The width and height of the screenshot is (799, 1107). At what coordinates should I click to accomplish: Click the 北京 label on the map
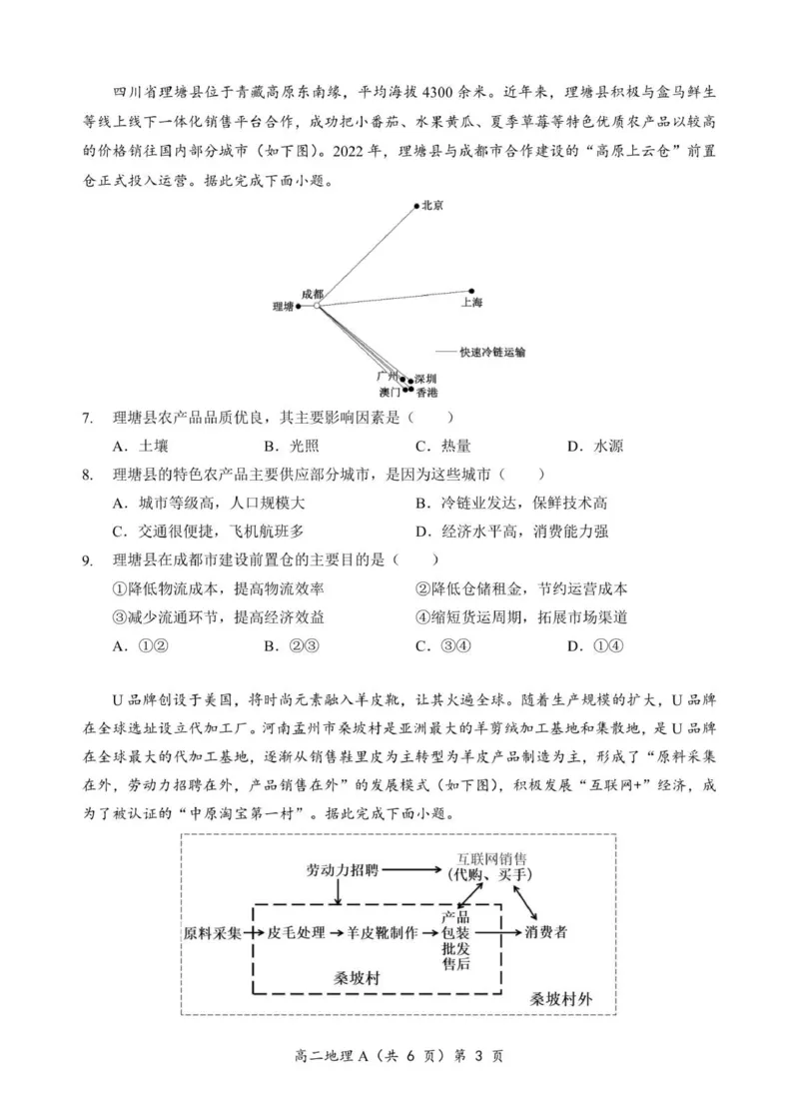click(x=432, y=205)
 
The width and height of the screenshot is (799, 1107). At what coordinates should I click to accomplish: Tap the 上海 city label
click(x=471, y=302)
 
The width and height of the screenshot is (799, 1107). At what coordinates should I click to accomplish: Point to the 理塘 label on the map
click(x=283, y=308)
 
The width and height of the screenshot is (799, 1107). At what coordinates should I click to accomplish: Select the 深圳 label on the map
click(x=424, y=379)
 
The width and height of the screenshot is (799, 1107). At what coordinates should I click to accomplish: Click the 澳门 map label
click(x=391, y=393)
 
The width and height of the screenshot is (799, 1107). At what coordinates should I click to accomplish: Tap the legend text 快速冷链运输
click(x=492, y=352)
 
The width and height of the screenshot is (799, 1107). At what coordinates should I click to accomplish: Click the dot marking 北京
click(x=416, y=207)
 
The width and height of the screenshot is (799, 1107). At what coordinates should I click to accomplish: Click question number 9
click(x=88, y=560)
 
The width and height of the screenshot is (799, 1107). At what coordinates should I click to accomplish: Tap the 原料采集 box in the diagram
click(x=213, y=933)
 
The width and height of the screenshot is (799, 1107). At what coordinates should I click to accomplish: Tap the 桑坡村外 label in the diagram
click(x=560, y=998)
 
